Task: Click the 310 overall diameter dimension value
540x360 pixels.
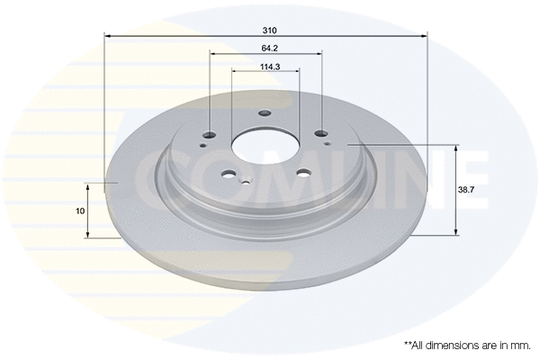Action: coord(265,30)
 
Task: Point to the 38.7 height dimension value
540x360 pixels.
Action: coord(466,190)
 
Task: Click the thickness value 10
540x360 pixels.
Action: coord(81,211)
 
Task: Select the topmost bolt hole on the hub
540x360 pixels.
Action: coord(264,113)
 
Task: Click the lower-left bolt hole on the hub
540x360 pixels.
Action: coord(229,176)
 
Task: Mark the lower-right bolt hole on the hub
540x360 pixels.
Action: coord(302,175)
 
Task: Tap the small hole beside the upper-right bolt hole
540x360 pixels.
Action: coord(328,142)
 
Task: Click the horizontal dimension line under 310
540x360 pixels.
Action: coord(180,36)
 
